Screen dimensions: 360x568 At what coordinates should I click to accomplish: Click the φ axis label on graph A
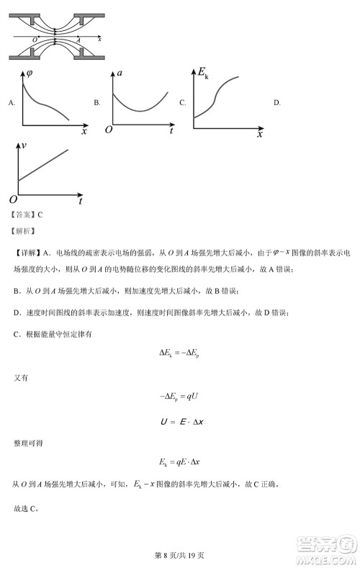pos(29,73)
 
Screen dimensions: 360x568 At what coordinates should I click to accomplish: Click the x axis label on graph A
pos(84,132)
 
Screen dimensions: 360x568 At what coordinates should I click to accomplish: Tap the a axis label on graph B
pos(119,73)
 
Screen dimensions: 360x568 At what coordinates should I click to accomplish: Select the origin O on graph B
pos(109,130)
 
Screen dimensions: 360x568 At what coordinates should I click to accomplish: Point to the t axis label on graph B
pos(171,132)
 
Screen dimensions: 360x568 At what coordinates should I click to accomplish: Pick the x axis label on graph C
pos(260,134)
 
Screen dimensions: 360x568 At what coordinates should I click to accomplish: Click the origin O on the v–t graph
pos(12,199)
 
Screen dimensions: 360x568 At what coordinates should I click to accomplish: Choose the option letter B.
pos(97,103)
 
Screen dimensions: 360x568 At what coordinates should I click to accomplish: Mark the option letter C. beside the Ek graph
pos(183,103)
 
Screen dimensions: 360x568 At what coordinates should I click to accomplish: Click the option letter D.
pos(277,103)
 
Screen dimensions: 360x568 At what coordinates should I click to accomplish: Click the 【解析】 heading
pos(22,231)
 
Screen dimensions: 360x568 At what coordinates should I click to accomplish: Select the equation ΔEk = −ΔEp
pos(179,353)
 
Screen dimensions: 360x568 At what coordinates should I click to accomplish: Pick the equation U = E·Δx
pos(179,419)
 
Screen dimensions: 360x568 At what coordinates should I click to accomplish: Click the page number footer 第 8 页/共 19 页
pos(180,555)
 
